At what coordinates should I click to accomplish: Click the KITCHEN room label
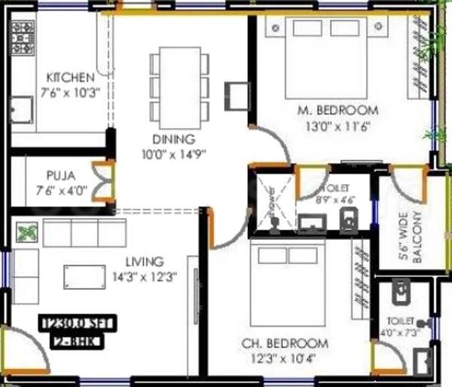pyautogui.click(x=70, y=77)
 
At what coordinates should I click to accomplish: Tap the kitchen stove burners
pyautogui.click(x=20, y=34)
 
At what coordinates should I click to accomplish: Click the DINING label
pyautogui.click(x=173, y=140)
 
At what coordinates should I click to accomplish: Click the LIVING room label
pyautogui.click(x=144, y=262)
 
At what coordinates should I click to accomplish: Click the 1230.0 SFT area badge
pyautogui.click(x=76, y=324)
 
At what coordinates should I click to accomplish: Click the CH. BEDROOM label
pyautogui.click(x=285, y=343)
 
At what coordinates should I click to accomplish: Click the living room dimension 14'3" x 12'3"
pyautogui.click(x=144, y=277)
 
